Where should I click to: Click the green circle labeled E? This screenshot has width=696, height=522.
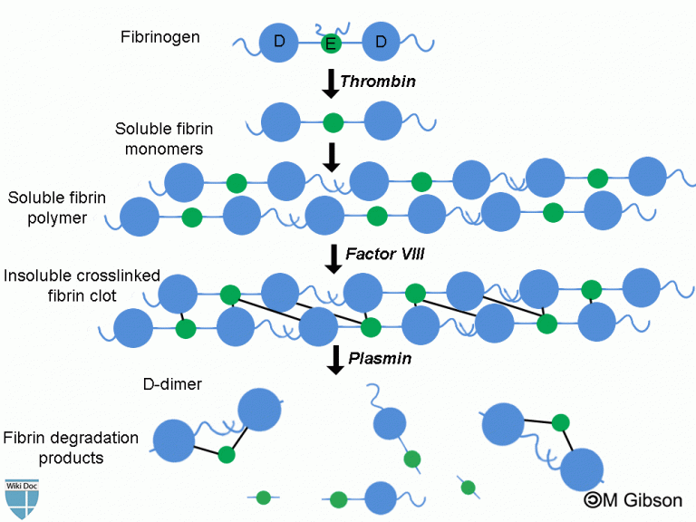(x=331, y=43)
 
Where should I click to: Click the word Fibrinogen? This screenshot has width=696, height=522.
(x=160, y=37)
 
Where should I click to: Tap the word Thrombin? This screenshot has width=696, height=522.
(x=377, y=82)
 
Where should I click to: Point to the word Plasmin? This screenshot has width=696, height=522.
(x=380, y=358)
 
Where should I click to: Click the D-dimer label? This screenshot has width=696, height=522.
(x=172, y=384)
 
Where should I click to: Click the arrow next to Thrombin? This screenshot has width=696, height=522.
(x=330, y=82)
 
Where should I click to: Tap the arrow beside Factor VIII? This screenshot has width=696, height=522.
(x=333, y=257)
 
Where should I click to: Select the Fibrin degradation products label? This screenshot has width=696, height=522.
(x=71, y=448)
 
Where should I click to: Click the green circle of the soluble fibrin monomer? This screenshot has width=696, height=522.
(x=333, y=121)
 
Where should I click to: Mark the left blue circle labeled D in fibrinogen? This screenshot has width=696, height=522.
(x=279, y=42)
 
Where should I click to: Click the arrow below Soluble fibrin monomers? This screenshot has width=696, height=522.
(x=331, y=155)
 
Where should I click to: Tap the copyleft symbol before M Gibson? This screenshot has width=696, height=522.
(x=594, y=499)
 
